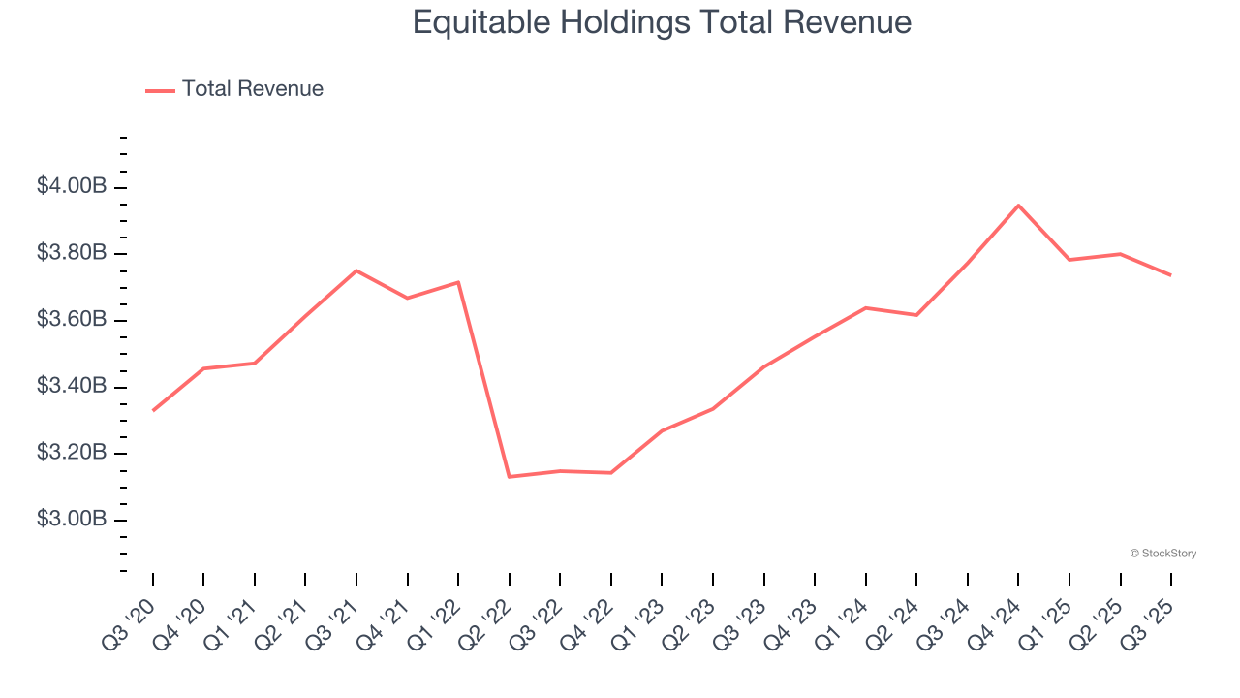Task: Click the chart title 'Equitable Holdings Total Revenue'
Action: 662,21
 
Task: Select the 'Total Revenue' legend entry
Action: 252,89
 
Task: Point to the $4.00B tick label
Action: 72,186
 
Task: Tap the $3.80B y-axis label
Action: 72,253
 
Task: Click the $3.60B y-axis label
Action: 72,320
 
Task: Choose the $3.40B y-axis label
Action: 72,387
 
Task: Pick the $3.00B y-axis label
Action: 72,520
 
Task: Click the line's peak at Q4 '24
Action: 1018,206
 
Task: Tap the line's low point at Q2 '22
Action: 510,477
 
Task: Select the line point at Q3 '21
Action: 356,270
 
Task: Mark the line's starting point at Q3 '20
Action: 153,411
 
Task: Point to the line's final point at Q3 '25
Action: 1171,275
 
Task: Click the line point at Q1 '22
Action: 458,282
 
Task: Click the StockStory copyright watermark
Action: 1162,554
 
